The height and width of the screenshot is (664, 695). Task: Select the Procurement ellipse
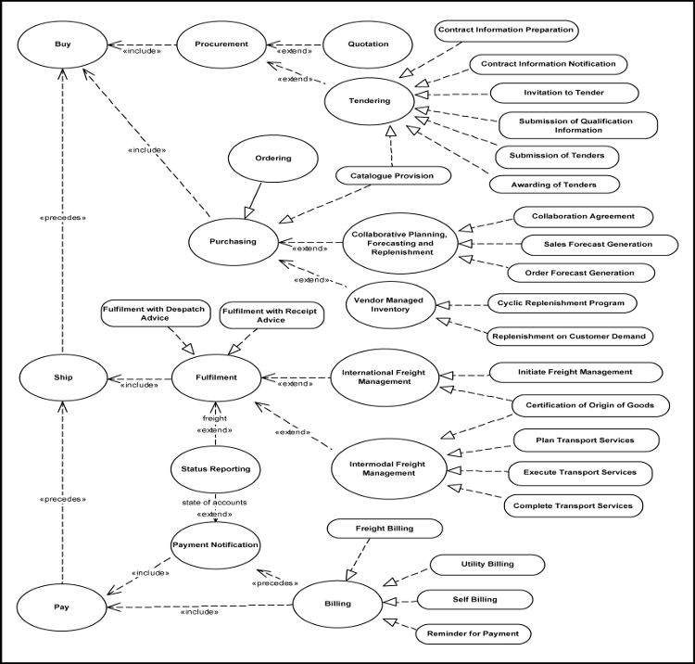pyautogui.click(x=221, y=44)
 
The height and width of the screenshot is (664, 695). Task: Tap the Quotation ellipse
pyautogui.click(x=369, y=44)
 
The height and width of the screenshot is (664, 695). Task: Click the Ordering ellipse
pyautogui.click(x=272, y=159)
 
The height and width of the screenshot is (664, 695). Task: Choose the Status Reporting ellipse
pyautogui.click(x=215, y=469)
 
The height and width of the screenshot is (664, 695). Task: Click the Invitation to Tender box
pyautogui.click(x=563, y=93)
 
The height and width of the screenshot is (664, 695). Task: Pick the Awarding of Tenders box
pyautogui.click(x=554, y=183)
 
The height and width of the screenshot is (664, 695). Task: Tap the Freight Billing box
pyautogui.click(x=384, y=529)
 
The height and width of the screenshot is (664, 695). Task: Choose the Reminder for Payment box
pyautogui.click(x=474, y=634)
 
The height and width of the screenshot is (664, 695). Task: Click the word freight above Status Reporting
pyautogui.click(x=214, y=418)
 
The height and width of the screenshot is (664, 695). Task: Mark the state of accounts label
pyautogui.click(x=214, y=502)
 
